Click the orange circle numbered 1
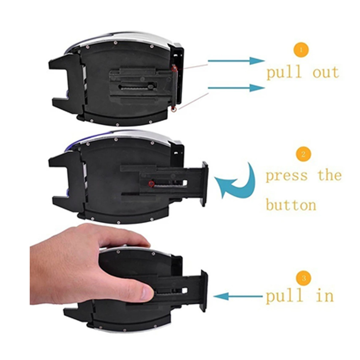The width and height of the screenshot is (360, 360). click(x=301, y=49)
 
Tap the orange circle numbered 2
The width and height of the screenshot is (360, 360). click(x=303, y=154)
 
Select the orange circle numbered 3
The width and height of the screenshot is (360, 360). click(x=304, y=279)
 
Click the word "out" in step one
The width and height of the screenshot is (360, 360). click(x=326, y=72)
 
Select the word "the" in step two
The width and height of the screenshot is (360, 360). click(x=330, y=175)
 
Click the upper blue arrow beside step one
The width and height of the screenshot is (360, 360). click(x=236, y=61)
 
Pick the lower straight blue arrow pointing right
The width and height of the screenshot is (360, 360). click(x=236, y=88)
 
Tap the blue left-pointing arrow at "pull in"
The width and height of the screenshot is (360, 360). click(x=238, y=297)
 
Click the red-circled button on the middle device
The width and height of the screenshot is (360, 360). click(x=151, y=184)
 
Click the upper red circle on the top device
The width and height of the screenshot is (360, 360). click(x=175, y=68)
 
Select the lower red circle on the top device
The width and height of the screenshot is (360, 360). click(x=174, y=109)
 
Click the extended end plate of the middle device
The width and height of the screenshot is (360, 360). click(x=205, y=184)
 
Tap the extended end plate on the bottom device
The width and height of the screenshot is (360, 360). click(x=204, y=291)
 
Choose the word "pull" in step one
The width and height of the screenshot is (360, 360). click(x=284, y=72)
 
